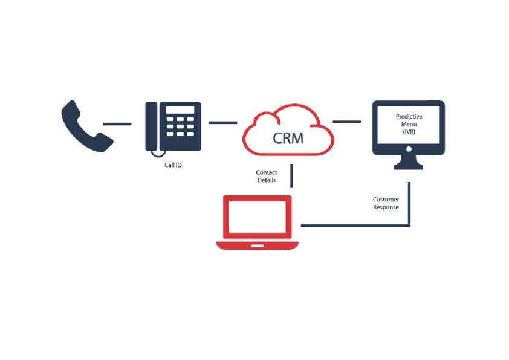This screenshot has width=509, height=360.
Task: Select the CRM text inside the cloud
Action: point(288,137)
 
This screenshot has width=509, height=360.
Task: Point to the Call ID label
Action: point(173,165)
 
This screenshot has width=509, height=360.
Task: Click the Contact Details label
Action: point(267,176)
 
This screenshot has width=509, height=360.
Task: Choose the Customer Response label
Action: point(386,203)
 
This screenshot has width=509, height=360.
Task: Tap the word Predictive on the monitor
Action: point(409,116)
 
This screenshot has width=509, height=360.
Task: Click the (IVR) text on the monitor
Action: point(409,132)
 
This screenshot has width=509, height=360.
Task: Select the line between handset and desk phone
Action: point(117,123)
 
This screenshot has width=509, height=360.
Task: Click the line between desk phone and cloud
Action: point(222,123)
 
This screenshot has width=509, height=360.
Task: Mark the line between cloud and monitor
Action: point(346,122)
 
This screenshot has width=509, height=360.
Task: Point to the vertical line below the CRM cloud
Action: point(292,175)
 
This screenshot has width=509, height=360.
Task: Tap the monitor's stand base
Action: point(409,166)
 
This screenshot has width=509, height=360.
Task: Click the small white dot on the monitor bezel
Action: point(409,148)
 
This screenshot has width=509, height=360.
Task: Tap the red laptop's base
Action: point(258,246)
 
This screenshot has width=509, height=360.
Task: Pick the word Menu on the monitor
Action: point(409,124)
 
